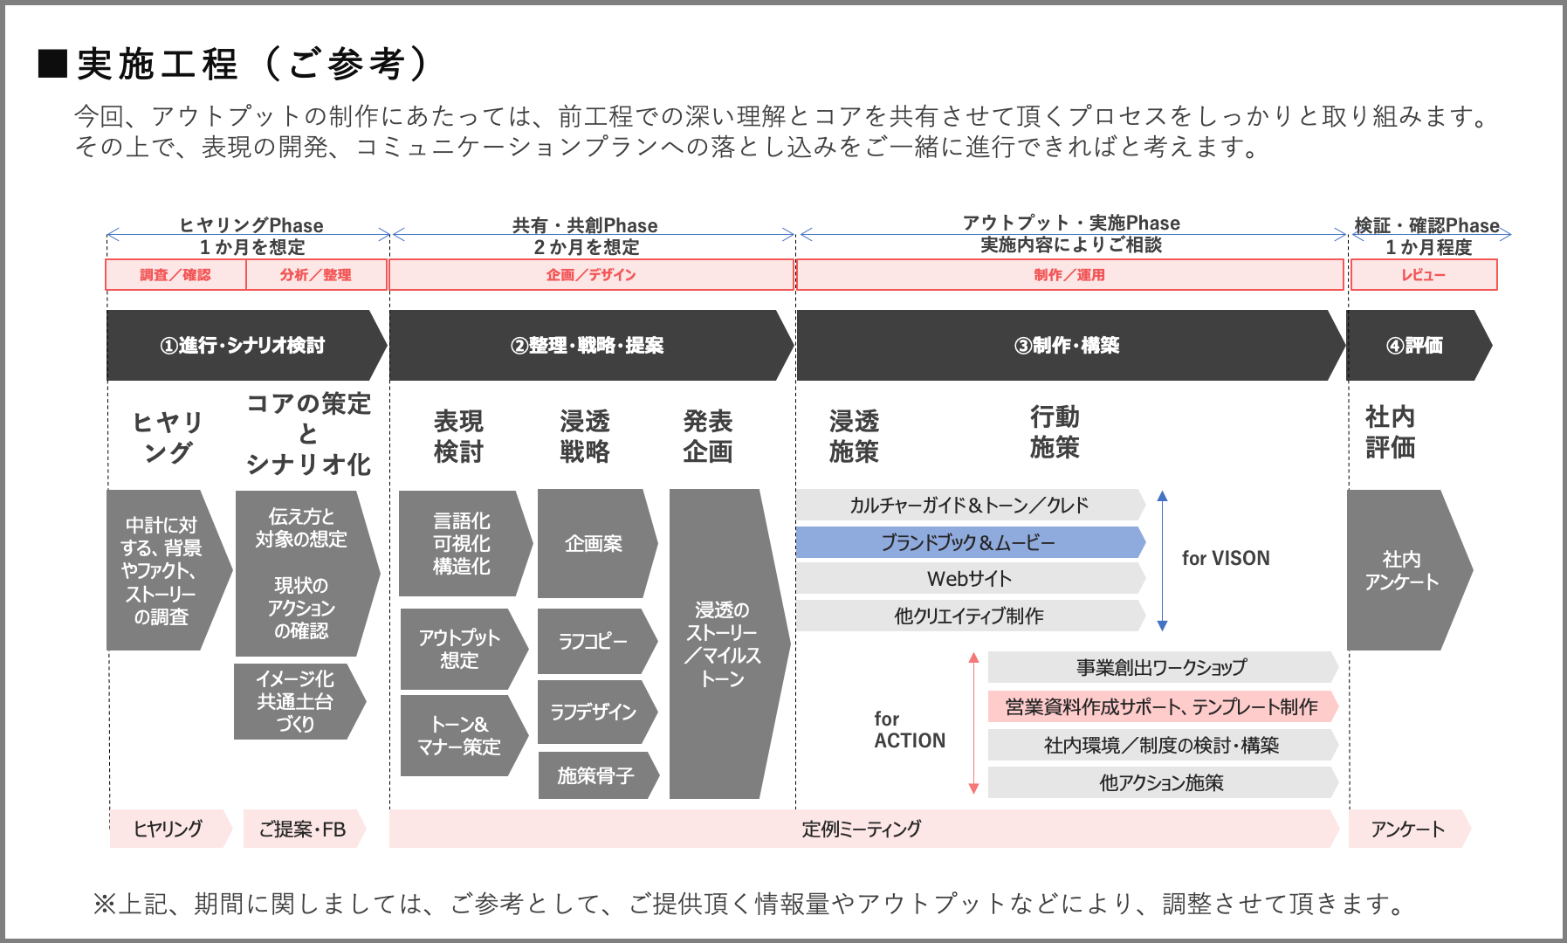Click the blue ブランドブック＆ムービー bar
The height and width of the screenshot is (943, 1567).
click(968, 542)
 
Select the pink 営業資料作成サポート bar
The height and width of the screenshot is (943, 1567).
click(1160, 706)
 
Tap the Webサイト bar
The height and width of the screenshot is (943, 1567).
click(968, 579)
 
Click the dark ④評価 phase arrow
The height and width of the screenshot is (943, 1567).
click(1415, 346)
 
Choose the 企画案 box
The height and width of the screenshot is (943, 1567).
click(594, 543)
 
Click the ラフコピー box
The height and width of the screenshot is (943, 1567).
click(594, 642)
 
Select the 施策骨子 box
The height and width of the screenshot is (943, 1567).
click(595, 775)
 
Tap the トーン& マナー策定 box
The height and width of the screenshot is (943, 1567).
click(460, 735)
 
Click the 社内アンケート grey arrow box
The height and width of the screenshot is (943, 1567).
click(1402, 570)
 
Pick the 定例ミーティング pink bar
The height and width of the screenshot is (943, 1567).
click(862, 829)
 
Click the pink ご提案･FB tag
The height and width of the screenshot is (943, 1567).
click(302, 829)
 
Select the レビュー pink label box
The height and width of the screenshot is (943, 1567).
click(1423, 275)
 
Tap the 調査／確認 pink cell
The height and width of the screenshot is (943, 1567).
click(175, 275)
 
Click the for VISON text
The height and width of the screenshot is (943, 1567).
click(1226, 558)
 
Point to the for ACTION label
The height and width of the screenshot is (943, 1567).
click(909, 730)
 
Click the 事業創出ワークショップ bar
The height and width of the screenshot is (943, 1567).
click(1160, 668)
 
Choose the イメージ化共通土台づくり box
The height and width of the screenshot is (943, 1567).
click(296, 701)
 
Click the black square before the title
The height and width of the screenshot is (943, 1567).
click(53, 64)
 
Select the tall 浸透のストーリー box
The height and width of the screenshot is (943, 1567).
click(723, 644)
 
